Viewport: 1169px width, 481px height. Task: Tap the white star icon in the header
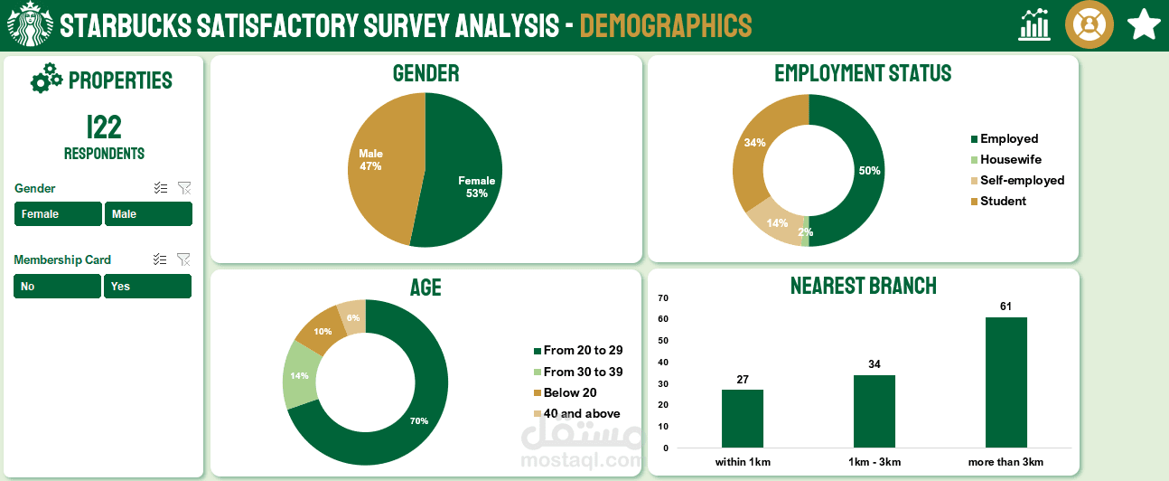coord(1144,25)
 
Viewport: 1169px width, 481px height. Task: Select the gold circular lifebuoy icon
coord(1089,25)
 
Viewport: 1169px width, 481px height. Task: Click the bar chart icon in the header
coord(1034,25)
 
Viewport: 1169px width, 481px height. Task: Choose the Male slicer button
coord(148,214)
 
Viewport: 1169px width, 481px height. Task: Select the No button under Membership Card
coord(57,286)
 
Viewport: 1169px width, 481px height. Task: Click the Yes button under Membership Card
coord(147,286)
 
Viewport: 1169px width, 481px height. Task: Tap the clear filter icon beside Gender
coord(184,188)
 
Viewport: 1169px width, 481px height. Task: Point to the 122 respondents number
coord(104,127)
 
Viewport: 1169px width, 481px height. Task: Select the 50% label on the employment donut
coord(869,171)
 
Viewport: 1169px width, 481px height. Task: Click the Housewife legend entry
coord(1010,159)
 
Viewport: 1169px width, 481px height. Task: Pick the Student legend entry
coord(1003,201)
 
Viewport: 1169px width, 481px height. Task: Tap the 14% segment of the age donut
coord(299,375)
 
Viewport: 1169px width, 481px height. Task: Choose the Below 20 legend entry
coord(569,392)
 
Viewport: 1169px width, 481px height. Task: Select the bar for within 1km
coord(743,419)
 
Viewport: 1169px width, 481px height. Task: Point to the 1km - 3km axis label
coord(874,462)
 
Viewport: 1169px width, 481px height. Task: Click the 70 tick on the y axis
coord(663,297)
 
